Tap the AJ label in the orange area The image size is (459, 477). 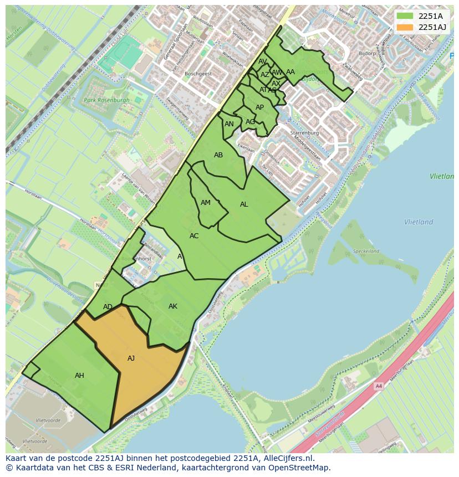[131, 358]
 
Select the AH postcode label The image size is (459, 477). [79, 376]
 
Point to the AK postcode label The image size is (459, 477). [173, 306]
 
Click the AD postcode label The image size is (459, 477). [108, 307]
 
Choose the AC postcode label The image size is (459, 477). [194, 236]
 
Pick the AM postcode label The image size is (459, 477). [206, 203]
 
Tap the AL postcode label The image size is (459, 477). [244, 204]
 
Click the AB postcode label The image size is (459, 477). [218, 155]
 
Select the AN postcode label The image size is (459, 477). [229, 124]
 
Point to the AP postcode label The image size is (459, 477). [259, 107]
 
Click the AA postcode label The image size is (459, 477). [290, 72]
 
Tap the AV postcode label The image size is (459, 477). [263, 61]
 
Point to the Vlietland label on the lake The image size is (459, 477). [419, 222]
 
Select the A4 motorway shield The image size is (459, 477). [379, 386]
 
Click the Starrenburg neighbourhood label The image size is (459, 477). [304, 134]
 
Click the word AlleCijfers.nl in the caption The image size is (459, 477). [288, 458]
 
